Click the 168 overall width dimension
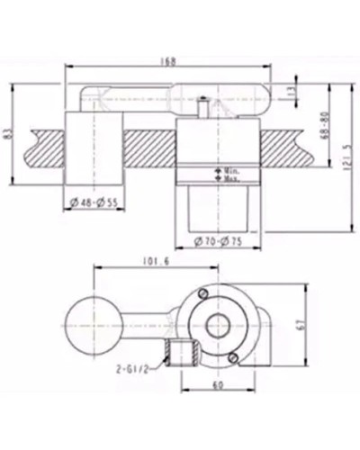pyautogui.click(x=171, y=62)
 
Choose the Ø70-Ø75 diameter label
pyautogui.click(x=221, y=241)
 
